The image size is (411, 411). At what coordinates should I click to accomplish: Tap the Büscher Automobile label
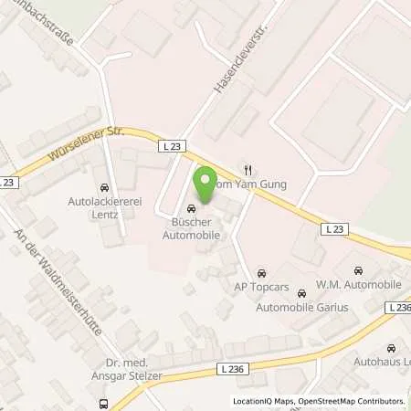191,227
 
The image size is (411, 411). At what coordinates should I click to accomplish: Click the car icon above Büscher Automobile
191,207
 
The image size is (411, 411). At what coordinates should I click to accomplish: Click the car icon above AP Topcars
262,272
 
